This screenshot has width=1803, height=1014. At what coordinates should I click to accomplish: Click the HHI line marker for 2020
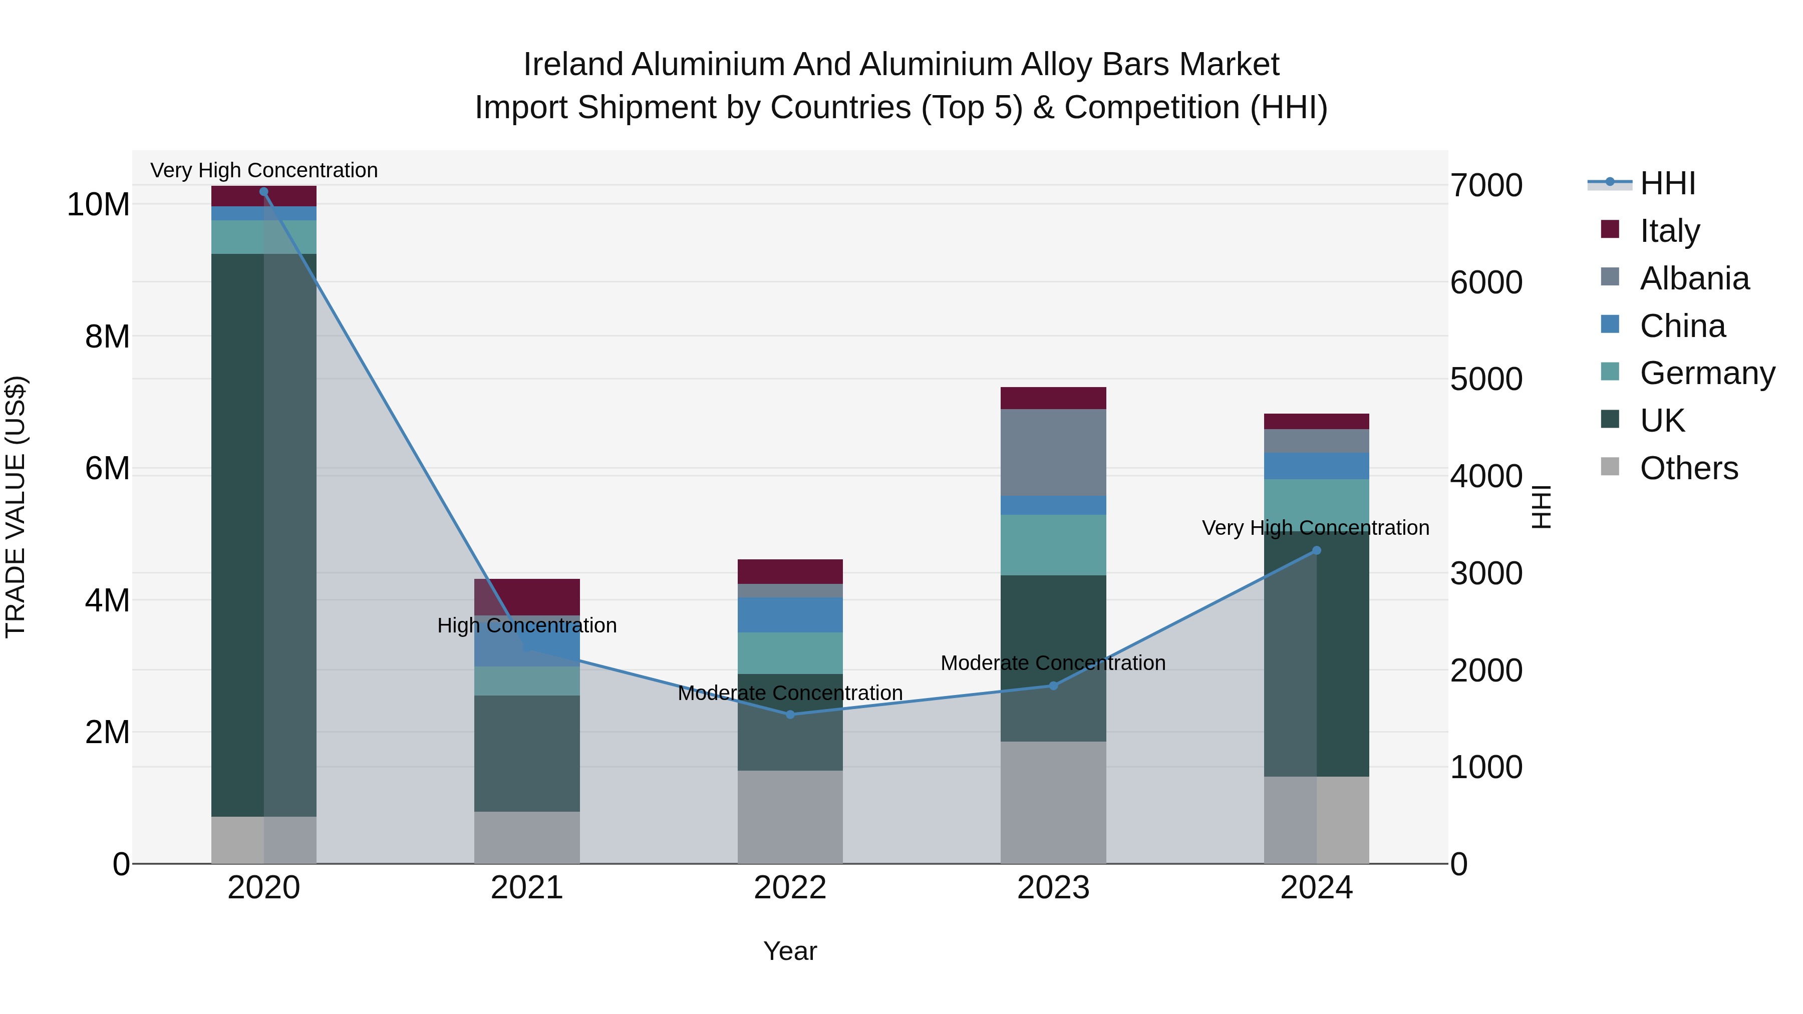click(x=264, y=192)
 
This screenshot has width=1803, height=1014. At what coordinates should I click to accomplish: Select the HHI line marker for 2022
click(x=790, y=715)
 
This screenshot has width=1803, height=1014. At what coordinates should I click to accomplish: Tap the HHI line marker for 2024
click(x=1316, y=551)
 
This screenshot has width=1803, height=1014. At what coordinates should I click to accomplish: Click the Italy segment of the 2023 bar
click(x=1053, y=398)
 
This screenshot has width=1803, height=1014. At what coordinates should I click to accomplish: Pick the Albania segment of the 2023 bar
click(x=1053, y=452)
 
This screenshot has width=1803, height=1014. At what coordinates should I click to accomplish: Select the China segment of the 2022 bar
click(x=790, y=614)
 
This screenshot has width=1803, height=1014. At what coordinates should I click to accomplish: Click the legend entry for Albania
click(x=1694, y=278)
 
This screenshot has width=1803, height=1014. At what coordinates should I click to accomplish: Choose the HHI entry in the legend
click(x=1667, y=183)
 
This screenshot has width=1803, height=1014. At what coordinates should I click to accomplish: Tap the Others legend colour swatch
click(x=1610, y=467)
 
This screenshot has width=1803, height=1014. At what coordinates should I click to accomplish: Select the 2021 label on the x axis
click(x=526, y=888)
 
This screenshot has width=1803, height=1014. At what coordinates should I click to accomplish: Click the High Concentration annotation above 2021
click(x=526, y=625)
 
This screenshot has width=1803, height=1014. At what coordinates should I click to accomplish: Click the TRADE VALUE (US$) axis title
click(x=16, y=507)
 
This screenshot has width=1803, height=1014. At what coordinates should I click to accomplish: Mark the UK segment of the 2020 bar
click(x=264, y=535)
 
